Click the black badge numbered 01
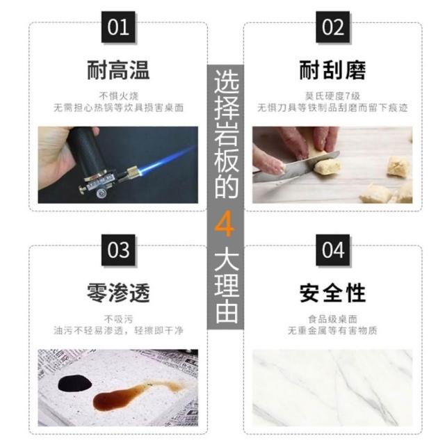pyautogui.click(x=118, y=27)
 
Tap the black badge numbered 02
pyautogui.click(x=332, y=27)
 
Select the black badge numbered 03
pyautogui.click(x=118, y=250)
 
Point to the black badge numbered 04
pyautogui.click(x=332, y=250)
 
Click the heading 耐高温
pyautogui.click(x=118, y=70)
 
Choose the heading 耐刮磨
pyautogui.click(x=332, y=70)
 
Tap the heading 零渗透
pyautogui.click(x=118, y=293)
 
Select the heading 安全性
pyautogui.click(x=332, y=293)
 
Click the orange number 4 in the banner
pyautogui.click(x=225, y=224)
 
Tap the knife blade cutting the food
pyautogui.click(x=295, y=168)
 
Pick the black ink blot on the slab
pyautogui.click(x=75, y=383)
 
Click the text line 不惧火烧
pyautogui.click(x=119, y=96)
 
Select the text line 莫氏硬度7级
pyautogui.click(x=332, y=96)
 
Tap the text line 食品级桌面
pyautogui.click(x=332, y=319)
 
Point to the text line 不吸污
pyautogui.click(x=119, y=319)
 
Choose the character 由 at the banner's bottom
pyautogui.click(x=226, y=312)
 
